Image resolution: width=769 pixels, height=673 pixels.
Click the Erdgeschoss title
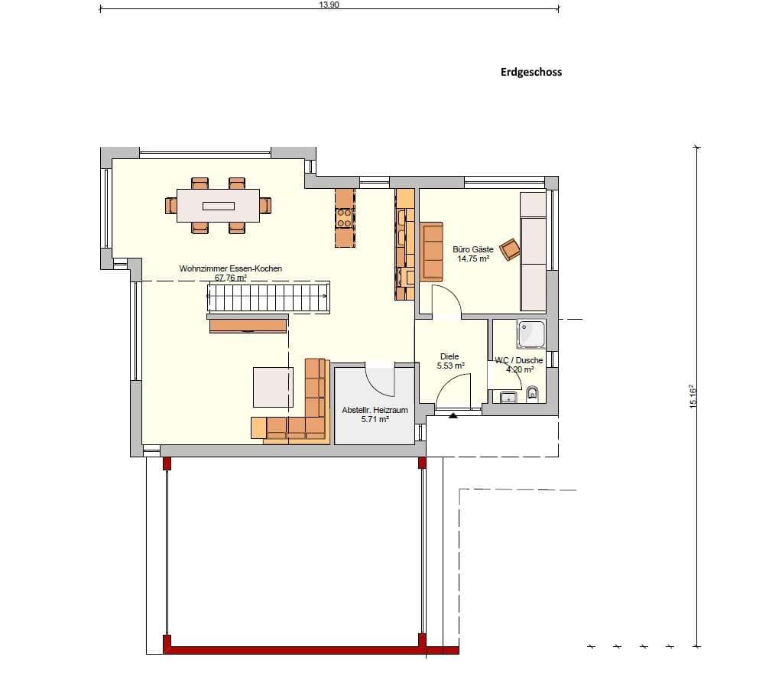[531, 72]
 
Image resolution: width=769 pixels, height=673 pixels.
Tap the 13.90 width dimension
[329, 5]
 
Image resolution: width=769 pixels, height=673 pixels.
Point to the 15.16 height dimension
[693, 396]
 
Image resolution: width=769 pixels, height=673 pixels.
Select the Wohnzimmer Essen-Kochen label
[231, 273]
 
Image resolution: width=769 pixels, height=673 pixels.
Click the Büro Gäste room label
[473, 254]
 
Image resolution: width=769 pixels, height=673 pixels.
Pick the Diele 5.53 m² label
[450, 361]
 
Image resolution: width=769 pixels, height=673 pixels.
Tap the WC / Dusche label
[519, 365]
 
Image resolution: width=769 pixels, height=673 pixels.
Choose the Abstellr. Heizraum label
[375, 415]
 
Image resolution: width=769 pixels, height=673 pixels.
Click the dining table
[219, 206]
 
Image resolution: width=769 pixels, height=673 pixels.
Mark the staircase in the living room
[268, 297]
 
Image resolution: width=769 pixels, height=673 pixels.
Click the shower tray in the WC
[531, 334]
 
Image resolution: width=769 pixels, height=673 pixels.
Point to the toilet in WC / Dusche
[531, 394]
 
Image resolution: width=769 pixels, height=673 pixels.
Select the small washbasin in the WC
[508, 397]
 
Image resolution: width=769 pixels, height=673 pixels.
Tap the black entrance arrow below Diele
[453, 415]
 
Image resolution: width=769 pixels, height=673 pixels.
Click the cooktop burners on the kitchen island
[344, 218]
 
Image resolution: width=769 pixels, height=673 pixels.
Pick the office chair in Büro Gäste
[510, 249]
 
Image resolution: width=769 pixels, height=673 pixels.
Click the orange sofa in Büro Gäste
[432, 252]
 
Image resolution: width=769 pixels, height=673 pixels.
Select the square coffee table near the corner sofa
[273, 387]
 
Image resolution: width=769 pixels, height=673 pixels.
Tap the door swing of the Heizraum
[380, 379]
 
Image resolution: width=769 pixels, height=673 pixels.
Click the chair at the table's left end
[170, 205]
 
